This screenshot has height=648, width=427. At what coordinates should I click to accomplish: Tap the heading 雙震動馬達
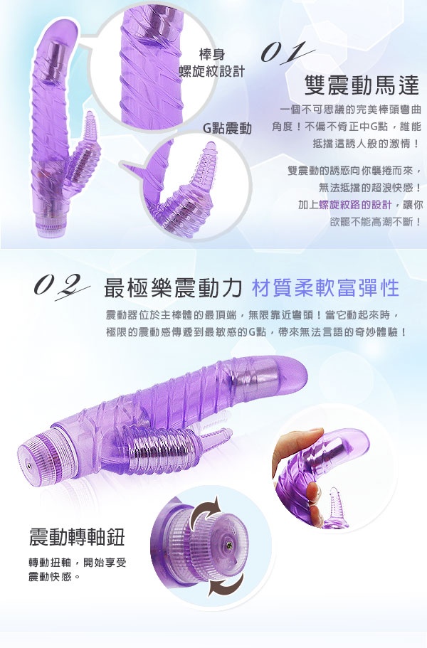[362, 85]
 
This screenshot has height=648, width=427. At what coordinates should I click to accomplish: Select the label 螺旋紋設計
[211, 72]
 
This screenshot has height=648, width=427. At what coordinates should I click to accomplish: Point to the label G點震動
[227, 129]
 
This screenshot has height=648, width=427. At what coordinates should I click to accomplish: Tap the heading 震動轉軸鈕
[77, 537]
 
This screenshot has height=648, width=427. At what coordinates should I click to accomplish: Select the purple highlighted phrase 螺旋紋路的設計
[355, 205]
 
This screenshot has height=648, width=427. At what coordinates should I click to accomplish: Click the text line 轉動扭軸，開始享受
[78, 563]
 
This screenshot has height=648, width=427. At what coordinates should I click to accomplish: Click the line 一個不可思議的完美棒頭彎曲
[351, 110]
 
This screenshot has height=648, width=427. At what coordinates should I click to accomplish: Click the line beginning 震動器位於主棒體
[252, 315]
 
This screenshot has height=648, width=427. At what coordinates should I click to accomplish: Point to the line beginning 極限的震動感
[256, 332]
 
